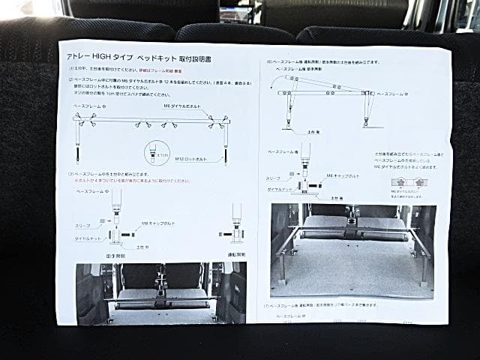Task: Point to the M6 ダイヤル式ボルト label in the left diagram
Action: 183,106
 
